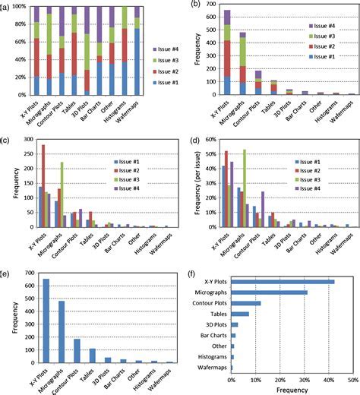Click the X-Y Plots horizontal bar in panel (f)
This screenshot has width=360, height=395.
(283, 282)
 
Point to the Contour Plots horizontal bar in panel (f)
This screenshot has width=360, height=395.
(245, 303)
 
